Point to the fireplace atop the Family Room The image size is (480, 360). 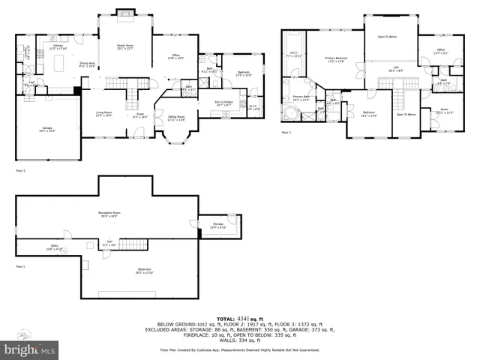(x=124, y=13)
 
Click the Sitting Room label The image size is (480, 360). (x=177, y=118)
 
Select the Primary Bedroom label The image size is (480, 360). (x=336, y=58)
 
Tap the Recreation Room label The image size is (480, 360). (x=110, y=214)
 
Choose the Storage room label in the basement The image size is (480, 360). (x=218, y=225)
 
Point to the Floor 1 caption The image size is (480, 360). (x=21, y=266)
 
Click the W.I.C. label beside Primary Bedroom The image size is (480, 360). (x=294, y=54)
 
